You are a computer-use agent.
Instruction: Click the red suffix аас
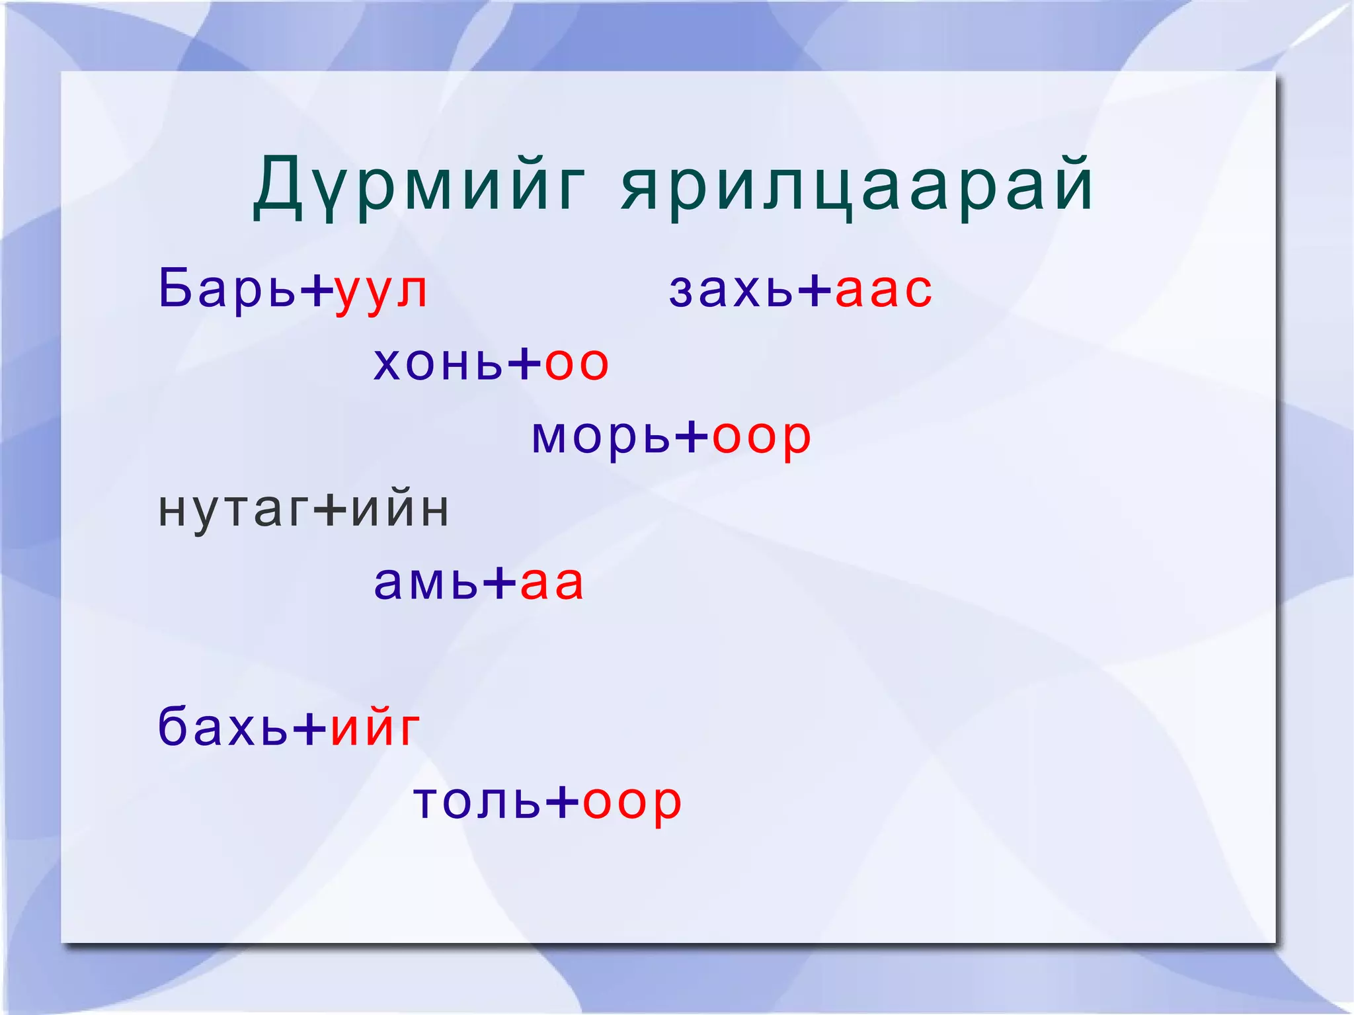pos(884,291)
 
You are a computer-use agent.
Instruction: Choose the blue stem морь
pos(601,436)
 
